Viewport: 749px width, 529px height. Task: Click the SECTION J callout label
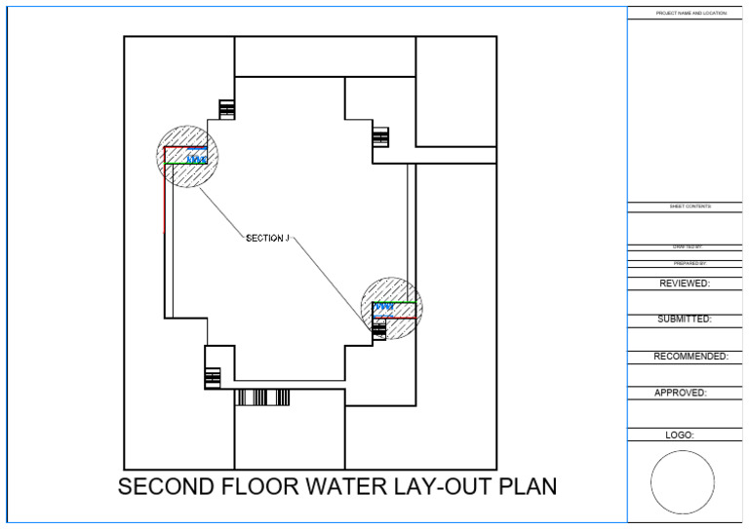(x=268, y=238)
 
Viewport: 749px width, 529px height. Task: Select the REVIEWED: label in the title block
(x=684, y=283)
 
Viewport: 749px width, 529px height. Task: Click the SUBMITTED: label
(x=684, y=319)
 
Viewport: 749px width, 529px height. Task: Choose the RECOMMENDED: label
(x=690, y=357)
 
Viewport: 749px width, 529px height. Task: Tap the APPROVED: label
(x=680, y=394)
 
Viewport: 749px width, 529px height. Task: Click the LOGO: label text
(x=679, y=435)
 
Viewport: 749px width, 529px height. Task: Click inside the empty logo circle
(x=683, y=482)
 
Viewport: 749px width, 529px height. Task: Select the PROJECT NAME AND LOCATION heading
(x=690, y=13)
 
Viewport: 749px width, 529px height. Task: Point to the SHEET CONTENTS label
(x=690, y=207)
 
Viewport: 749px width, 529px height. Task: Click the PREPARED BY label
(x=690, y=264)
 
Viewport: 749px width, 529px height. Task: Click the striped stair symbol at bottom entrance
(x=262, y=397)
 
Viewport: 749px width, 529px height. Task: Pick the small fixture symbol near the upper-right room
(x=380, y=137)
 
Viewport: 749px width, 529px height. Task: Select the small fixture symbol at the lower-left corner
(x=213, y=376)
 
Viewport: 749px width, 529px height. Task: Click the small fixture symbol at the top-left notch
(x=227, y=109)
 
